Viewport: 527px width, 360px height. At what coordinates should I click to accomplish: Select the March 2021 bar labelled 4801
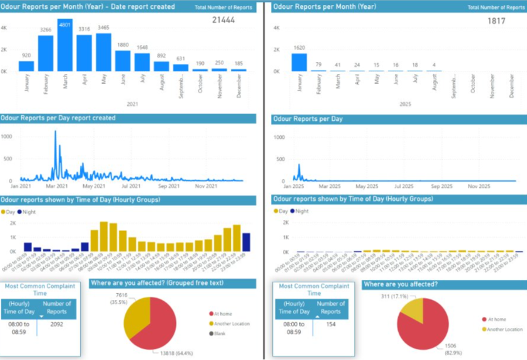coord(64,47)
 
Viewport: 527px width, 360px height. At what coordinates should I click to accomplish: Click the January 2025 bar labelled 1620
coord(299,62)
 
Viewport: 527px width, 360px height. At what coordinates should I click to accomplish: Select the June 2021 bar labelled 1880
coord(123,61)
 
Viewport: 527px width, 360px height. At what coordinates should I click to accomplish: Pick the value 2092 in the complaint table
coord(56,324)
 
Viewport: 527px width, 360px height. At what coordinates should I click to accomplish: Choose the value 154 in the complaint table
coord(330,324)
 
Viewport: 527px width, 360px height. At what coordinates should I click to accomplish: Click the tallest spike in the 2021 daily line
coord(55,132)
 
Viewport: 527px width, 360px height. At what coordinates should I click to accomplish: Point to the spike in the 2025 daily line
coord(299,165)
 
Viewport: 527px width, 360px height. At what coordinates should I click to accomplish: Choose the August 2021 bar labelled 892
coord(161,66)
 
